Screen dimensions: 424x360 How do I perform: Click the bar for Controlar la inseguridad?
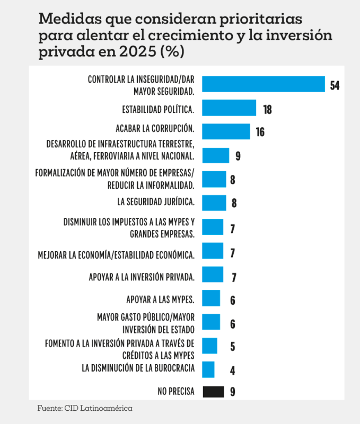[264, 84]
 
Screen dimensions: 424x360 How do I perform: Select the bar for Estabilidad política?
[229, 108]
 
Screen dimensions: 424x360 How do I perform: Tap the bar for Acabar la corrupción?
[226, 131]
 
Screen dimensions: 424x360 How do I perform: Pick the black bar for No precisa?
[213, 392]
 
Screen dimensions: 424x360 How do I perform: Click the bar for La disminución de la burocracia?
[208, 369]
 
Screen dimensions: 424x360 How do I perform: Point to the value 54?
[335, 85]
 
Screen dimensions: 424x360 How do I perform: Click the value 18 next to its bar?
[267, 109]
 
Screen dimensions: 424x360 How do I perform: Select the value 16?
[260, 132]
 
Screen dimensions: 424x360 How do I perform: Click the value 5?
[232, 347]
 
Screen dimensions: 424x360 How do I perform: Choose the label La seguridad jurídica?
[156, 202]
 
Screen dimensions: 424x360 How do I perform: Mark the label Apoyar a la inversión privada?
[142, 277]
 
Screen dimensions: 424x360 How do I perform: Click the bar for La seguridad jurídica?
[214, 202]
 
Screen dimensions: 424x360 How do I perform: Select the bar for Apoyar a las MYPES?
[211, 298]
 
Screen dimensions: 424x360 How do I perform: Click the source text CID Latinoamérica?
[98, 408]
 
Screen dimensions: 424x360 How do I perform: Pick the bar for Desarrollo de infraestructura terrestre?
[216, 155]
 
